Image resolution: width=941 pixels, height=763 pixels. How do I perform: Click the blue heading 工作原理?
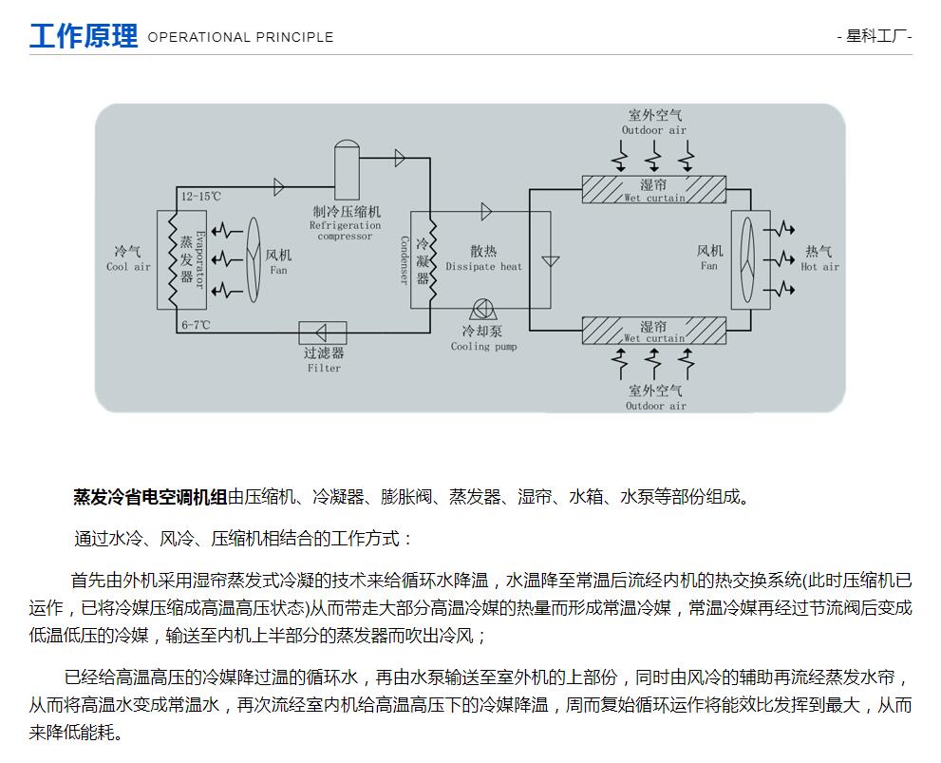point(84,36)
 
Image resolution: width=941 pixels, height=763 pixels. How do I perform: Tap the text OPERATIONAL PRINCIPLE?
point(240,37)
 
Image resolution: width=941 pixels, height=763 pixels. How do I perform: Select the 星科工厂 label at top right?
point(875,36)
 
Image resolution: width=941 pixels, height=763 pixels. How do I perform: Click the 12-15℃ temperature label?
point(201,197)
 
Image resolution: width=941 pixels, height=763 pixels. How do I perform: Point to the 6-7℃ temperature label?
point(196,325)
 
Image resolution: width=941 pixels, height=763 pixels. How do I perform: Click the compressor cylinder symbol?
point(347,169)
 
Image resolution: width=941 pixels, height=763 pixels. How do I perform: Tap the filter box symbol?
point(323,333)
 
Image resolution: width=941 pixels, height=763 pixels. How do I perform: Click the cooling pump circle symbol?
point(482,309)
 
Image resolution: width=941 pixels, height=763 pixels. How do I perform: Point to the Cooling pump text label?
point(483,347)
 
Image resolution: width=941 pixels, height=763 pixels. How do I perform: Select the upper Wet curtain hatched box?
point(654,190)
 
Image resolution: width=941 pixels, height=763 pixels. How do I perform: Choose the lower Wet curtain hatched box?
point(654,331)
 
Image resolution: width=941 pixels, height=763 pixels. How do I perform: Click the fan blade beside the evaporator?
point(254,259)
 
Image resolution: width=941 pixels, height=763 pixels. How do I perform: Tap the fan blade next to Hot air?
point(747,259)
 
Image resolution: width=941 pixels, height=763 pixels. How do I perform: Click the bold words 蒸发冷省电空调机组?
point(150,497)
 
